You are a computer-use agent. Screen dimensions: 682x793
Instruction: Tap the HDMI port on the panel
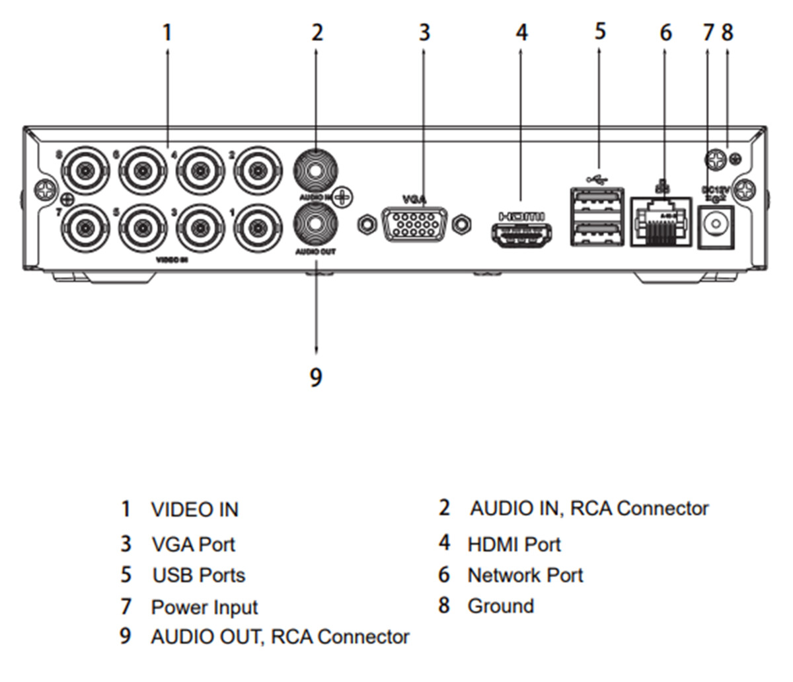[521, 236]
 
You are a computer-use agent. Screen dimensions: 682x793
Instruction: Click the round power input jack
[716, 224]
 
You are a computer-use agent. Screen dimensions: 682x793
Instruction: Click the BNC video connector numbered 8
[85, 171]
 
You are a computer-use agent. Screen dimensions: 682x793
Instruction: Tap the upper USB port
[597, 199]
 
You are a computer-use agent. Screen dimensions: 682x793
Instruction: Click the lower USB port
[597, 233]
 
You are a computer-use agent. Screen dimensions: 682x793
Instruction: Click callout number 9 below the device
[316, 378]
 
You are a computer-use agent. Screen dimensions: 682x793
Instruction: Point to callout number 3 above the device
[424, 32]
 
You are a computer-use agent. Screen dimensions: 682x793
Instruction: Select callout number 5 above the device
[599, 30]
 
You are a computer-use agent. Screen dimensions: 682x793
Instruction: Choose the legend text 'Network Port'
[525, 575]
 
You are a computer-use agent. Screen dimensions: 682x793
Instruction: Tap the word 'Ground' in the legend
[500, 606]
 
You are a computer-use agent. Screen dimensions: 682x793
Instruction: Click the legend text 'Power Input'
[204, 607]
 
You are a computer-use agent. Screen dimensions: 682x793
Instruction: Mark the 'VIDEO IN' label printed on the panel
[172, 260]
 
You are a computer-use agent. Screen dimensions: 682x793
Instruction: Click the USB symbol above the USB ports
[597, 179]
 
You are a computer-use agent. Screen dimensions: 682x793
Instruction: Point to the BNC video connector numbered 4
[198, 171]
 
